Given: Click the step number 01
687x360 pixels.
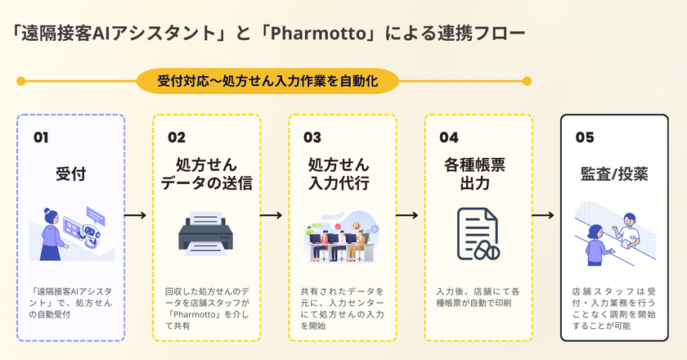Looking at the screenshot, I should tap(41, 137).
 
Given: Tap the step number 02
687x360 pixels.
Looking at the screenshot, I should tap(177, 137).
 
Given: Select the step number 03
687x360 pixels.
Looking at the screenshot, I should tap(313, 137).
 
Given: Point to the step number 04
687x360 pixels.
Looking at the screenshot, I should tap(449, 137).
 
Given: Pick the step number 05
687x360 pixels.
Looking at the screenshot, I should tap(585, 137).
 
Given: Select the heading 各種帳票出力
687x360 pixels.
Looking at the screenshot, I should tap(478, 173).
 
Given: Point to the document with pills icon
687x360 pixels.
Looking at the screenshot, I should tap(478, 234).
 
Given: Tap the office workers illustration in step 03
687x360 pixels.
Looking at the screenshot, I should tap(342, 237).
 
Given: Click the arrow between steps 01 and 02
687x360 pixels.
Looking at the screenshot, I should tap(138, 216).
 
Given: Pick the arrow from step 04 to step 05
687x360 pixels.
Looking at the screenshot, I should tap(546, 216).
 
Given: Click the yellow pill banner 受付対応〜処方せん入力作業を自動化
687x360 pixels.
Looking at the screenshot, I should tap(267, 81).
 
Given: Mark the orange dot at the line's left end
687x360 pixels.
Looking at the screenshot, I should tap(20, 81).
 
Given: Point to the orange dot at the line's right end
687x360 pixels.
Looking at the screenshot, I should tap(528, 81).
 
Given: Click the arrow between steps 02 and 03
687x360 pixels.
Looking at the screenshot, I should tap(274, 216).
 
